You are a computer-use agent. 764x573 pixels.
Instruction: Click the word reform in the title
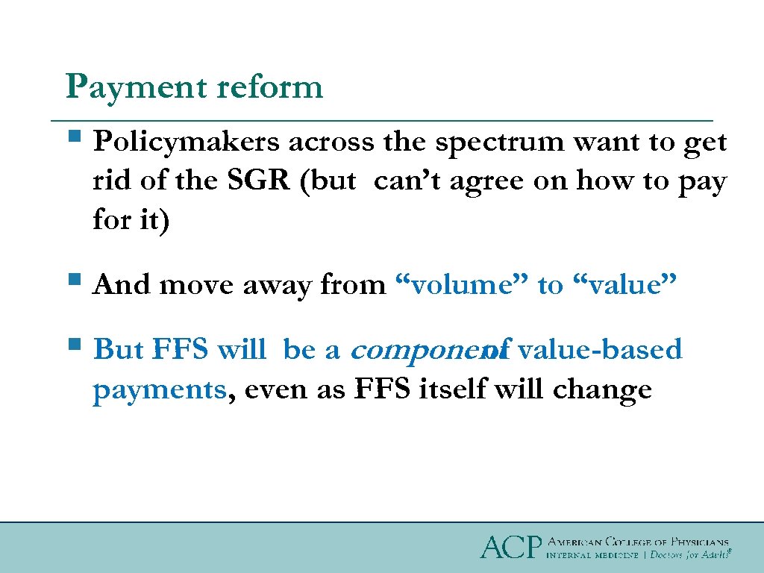click(x=269, y=87)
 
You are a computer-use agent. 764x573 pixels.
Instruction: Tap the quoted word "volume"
click(x=460, y=284)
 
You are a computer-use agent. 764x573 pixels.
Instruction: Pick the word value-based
click(x=599, y=349)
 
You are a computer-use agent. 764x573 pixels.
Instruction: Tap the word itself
click(x=471, y=389)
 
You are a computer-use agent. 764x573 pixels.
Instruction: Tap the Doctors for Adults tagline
click(x=688, y=555)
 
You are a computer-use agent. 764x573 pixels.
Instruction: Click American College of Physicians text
click(x=638, y=542)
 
